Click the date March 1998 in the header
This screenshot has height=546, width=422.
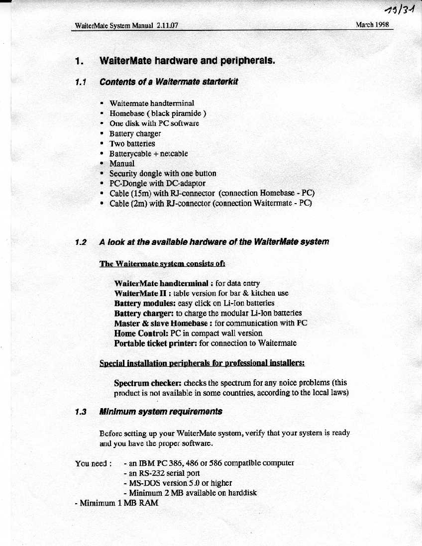point(372,24)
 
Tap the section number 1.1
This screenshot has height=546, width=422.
point(80,82)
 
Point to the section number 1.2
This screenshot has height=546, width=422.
point(81,242)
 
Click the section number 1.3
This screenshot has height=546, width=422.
point(81,412)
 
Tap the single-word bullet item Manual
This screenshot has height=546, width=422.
point(122,163)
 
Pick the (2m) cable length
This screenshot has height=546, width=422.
point(140,203)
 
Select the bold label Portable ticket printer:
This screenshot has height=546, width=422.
point(155,343)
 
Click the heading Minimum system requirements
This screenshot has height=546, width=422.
point(161,412)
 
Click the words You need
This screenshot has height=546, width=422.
point(91,463)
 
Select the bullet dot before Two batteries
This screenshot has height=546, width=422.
point(102,143)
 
